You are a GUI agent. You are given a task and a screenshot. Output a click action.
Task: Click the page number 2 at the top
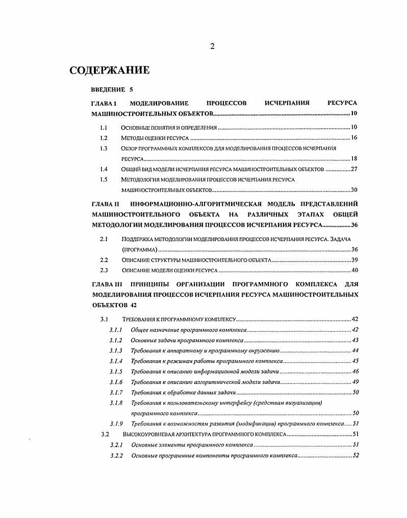click(x=212, y=46)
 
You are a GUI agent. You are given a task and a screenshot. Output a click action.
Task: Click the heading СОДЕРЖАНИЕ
click(x=109, y=70)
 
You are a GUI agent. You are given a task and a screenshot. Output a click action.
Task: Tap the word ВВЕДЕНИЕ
click(x=108, y=90)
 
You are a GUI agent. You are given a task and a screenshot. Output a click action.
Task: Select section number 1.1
click(x=104, y=127)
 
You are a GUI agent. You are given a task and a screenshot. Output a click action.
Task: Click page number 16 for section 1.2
click(x=353, y=138)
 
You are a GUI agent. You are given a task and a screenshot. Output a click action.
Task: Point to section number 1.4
click(x=104, y=169)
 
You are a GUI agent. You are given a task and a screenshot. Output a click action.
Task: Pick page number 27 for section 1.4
click(x=353, y=169)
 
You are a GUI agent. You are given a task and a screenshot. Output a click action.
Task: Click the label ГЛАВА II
click(x=105, y=204)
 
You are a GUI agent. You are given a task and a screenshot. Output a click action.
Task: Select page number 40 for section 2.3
click(x=354, y=270)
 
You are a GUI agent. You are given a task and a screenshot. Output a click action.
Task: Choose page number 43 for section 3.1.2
click(x=355, y=340)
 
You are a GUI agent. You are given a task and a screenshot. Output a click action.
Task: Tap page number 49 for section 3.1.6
click(x=355, y=382)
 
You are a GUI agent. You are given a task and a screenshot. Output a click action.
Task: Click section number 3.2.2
click(x=116, y=455)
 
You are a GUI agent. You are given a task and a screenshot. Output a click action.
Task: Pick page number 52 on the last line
click(x=355, y=455)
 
